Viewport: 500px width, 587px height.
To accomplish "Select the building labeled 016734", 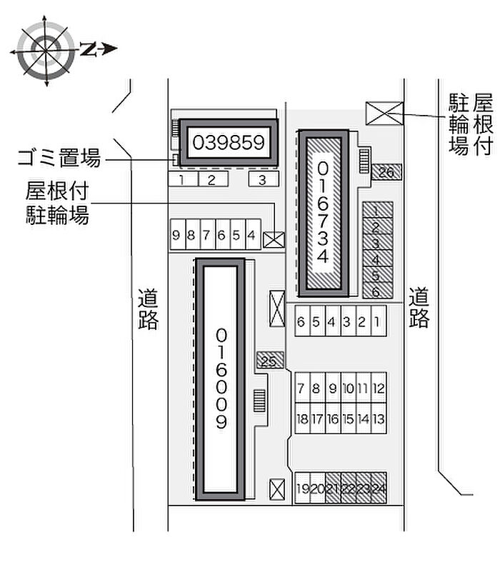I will click(324, 212).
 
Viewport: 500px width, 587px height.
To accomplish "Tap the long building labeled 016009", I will click(221, 378).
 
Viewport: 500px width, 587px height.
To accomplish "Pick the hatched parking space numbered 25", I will click(269, 361).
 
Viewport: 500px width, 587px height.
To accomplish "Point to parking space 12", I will click(379, 389).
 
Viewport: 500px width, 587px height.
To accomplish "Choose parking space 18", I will click(303, 419).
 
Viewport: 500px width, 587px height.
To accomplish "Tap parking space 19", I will click(303, 488).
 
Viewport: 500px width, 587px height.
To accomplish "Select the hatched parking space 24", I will click(379, 488).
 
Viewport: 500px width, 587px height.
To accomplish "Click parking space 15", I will click(348, 419).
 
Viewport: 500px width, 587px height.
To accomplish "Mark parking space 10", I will click(348, 389).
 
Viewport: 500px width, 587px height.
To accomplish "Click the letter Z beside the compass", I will click(88, 49).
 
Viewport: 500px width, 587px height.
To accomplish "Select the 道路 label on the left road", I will click(148, 309).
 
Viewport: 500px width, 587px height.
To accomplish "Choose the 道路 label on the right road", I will click(419, 307).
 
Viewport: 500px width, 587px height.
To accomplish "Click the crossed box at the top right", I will click(384, 113).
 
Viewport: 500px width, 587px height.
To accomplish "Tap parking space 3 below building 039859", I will click(263, 179).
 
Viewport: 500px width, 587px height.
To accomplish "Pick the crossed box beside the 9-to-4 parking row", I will click(273, 239).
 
